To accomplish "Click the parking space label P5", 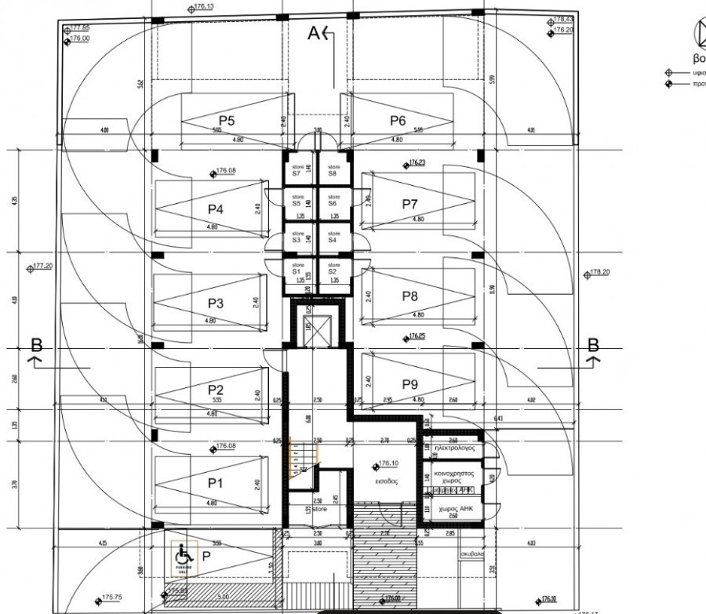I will tap(227, 121).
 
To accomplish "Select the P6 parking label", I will tap(398, 120).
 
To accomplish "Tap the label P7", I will tap(409, 204).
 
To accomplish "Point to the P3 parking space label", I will tap(216, 303).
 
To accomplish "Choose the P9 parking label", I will tap(409, 384).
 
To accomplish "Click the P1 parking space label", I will tap(216, 483).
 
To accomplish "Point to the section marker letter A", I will tap(315, 33).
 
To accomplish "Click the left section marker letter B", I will tap(35, 344).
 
